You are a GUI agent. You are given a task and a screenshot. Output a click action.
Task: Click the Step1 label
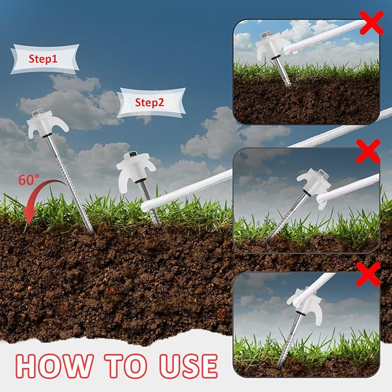pos(44,58)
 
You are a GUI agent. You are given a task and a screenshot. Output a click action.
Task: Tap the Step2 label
pos(150,103)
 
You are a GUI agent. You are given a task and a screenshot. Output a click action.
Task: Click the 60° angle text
pos(27,180)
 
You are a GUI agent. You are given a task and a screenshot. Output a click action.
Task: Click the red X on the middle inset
pos(368,151)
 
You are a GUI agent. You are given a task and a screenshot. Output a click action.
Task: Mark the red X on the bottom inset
pos(369,273)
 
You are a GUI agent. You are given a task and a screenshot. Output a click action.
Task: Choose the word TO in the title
pos(118,365)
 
